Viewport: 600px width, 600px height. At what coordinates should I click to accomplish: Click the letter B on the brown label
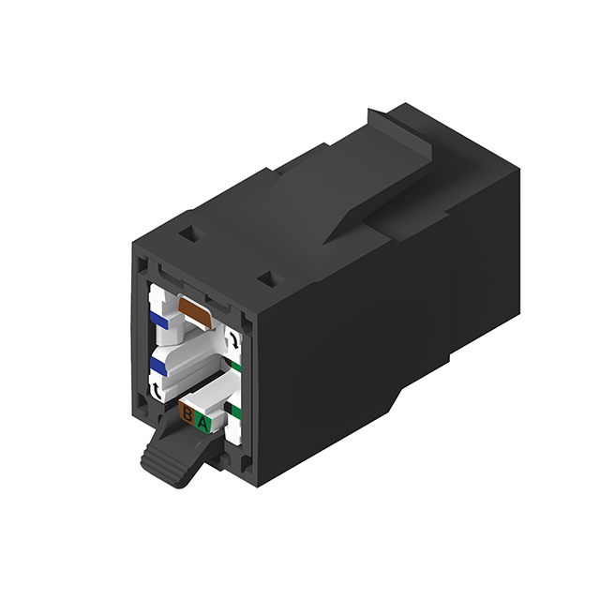[x=187, y=413]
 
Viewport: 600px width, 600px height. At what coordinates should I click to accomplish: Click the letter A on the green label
[x=202, y=424]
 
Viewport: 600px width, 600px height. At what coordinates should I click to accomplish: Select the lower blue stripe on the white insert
[x=160, y=362]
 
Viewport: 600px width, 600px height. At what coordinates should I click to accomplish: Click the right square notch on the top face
[x=266, y=278]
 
